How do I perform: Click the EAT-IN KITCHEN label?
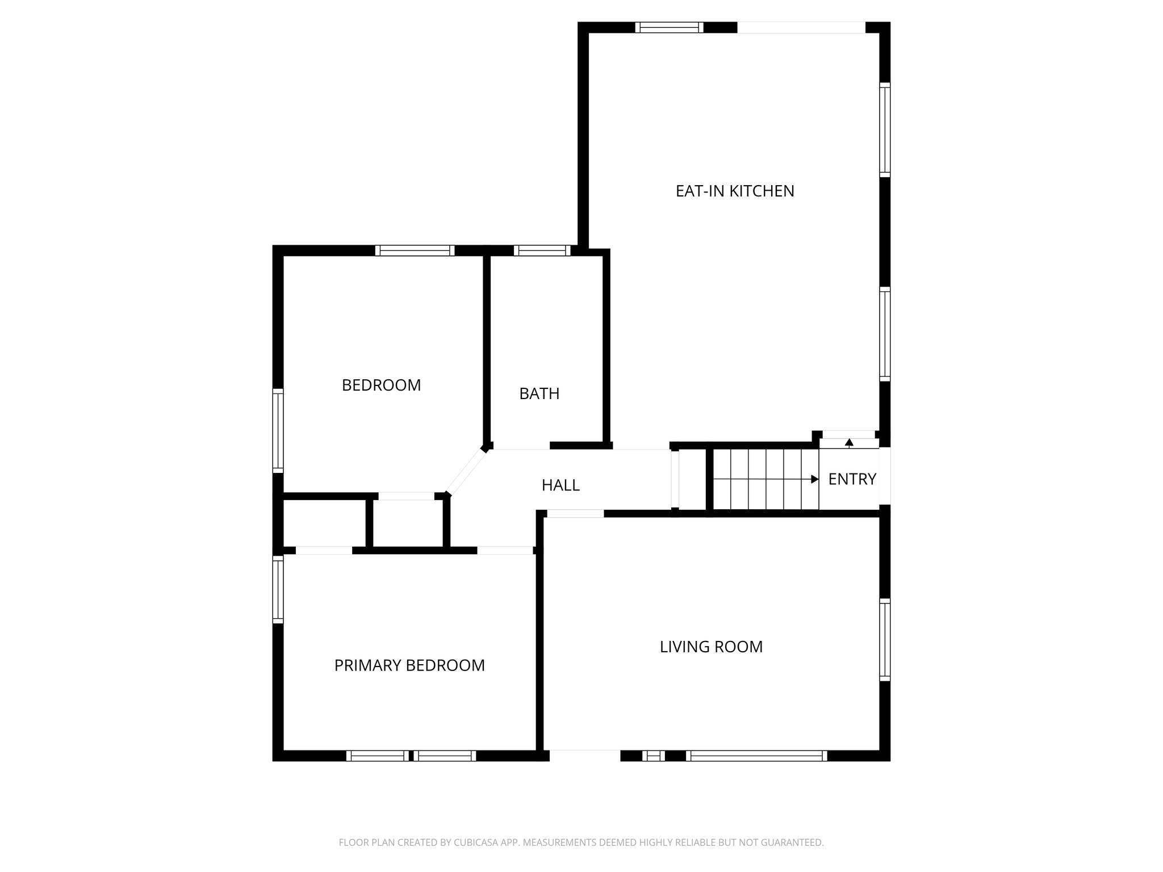click(x=734, y=191)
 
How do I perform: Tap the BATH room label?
click(x=539, y=393)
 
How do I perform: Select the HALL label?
click(x=560, y=485)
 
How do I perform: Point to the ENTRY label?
click(x=852, y=479)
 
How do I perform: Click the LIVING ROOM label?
click(x=711, y=647)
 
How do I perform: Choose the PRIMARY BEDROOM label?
click(x=409, y=665)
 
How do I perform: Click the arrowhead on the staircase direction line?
click(x=815, y=479)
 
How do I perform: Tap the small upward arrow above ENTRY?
click(x=849, y=442)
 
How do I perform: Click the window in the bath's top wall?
click(x=542, y=250)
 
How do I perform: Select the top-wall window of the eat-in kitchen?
click(x=669, y=27)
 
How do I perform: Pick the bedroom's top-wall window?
click(x=415, y=250)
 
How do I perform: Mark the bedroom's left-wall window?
click(x=278, y=431)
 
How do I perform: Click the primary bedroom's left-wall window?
click(x=278, y=589)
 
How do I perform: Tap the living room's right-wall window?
click(x=885, y=639)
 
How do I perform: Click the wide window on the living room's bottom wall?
click(x=756, y=756)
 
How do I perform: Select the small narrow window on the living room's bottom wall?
click(x=653, y=756)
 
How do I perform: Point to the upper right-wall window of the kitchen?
click(x=885, y=129)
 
